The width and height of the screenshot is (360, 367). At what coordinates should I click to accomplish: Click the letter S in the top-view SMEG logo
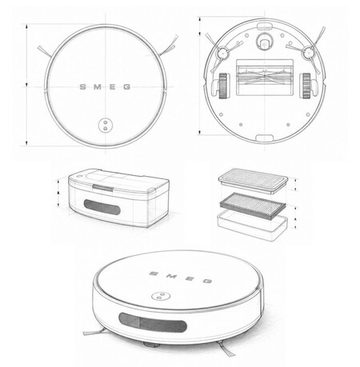click(x=83, y=87)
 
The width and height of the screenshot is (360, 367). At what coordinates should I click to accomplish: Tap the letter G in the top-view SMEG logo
click(x=127, y=87)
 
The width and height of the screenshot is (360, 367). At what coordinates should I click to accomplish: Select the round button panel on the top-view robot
click(x=106, y=125)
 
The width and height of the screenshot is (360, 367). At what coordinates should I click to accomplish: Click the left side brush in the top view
click(x=44, y=51)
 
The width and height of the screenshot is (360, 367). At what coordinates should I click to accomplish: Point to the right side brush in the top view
click(x=167, y=46)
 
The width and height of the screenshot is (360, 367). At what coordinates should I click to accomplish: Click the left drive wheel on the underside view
click(x=223, y=86)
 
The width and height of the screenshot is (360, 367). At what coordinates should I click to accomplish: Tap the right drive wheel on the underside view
click(x=306, y=86)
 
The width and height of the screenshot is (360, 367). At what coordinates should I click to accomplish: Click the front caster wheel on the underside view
click(x=264, y=42)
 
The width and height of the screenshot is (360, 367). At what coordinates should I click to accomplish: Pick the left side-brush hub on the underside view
click(x=222, y=53)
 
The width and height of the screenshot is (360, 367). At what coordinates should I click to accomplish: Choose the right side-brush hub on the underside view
click(x=308, y=53)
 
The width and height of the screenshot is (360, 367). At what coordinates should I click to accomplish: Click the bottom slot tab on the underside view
click(x=265, y=138)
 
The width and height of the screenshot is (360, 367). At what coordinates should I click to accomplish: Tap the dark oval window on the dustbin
click(x=102, y=207)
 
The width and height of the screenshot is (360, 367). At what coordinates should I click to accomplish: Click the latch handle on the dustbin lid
click(x=102, y=187)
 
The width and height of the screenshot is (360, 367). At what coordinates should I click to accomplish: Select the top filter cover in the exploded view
click(x=253, y=180)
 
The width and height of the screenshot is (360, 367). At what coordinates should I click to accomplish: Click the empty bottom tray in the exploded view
click(x=253, y=225)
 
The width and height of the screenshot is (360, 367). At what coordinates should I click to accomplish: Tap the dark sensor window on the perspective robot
click(x=153, y=322)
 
